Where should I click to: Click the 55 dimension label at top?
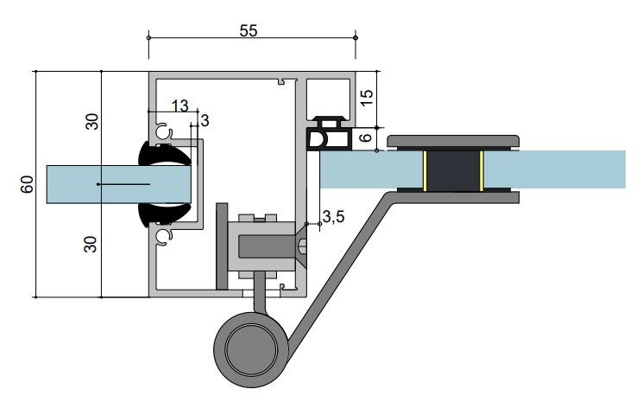(x=249, y=31)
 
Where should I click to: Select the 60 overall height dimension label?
(x=27, y=184)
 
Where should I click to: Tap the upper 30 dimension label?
(x=92, y=122)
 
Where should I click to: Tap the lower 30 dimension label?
(x=91, y=245)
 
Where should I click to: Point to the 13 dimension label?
(x=179, y=106)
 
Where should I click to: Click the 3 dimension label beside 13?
(x=205, y=121)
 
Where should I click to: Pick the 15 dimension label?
(x=366, y=98)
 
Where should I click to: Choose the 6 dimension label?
(x=366, y=137)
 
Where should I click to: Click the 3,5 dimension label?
(x=333, y=217)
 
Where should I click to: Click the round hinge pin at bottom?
(x=251, y=349)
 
